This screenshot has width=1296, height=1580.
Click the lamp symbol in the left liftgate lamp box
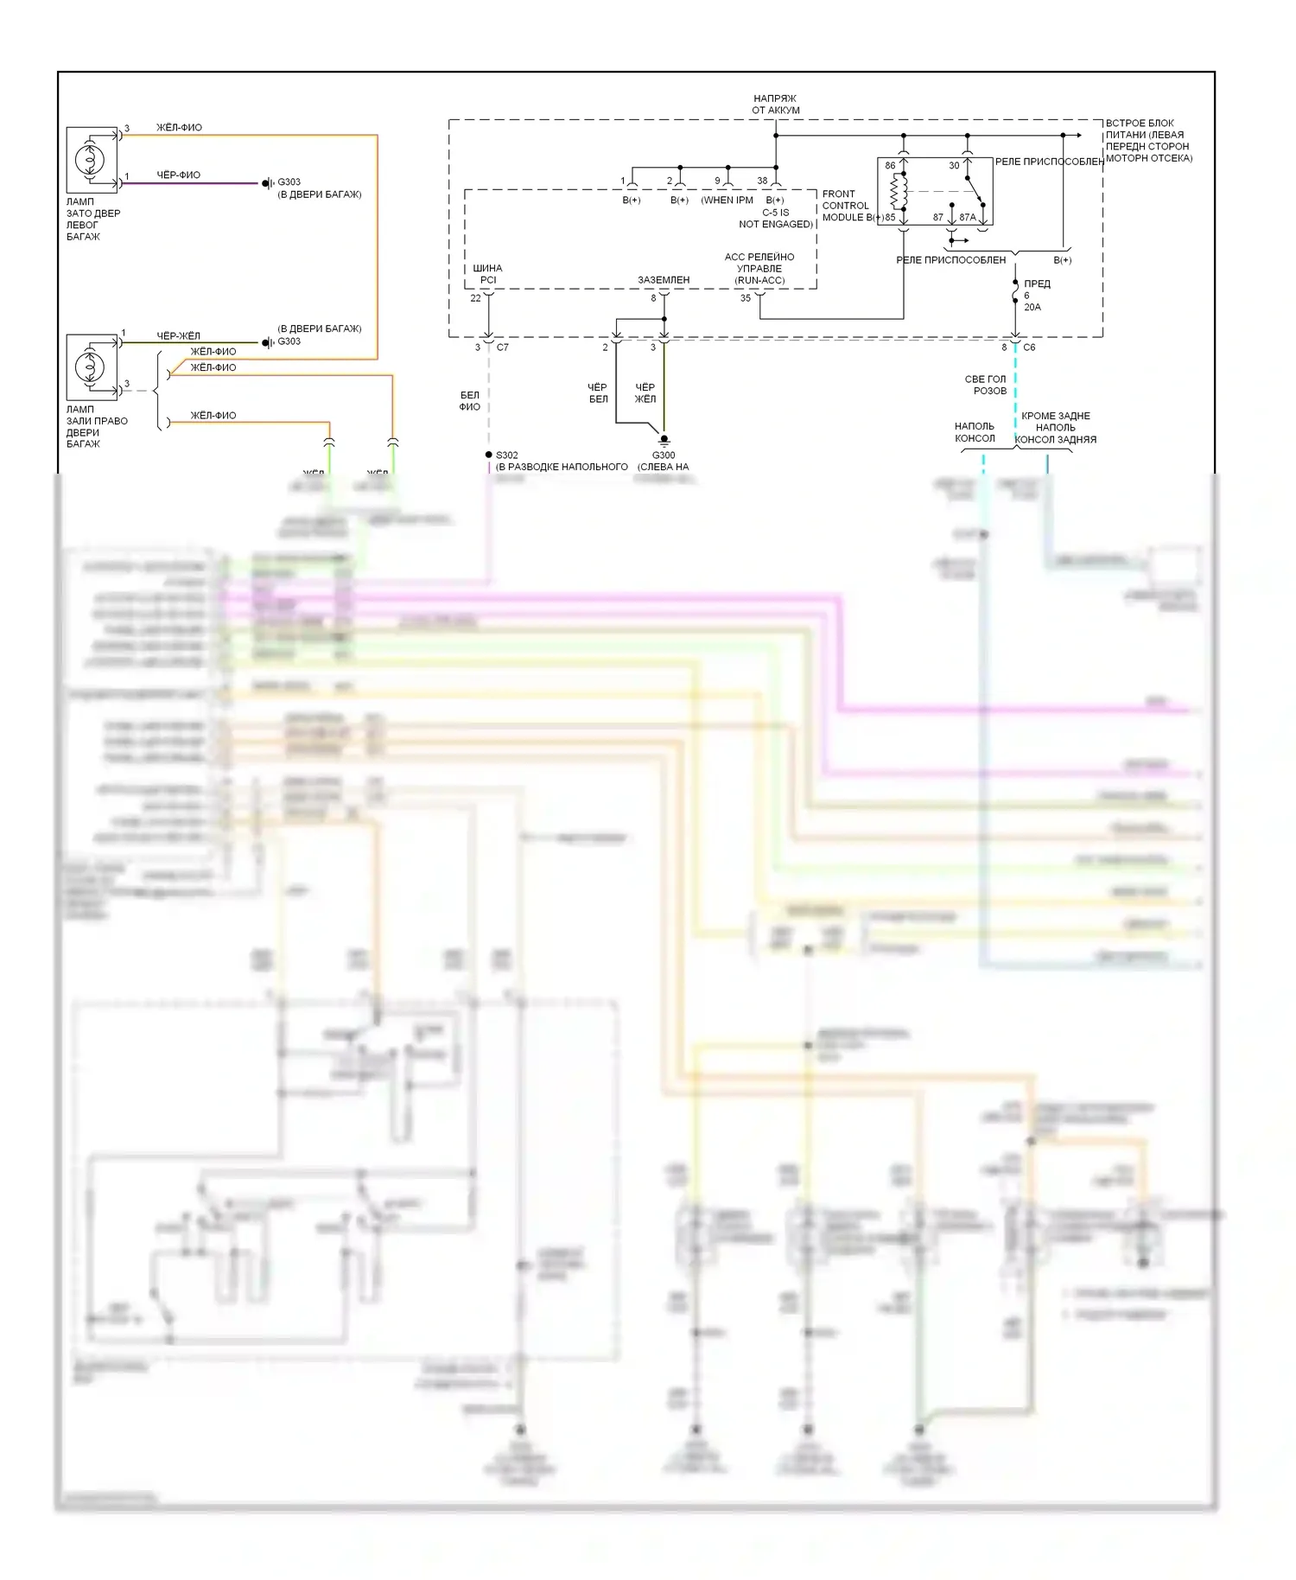point(90,160)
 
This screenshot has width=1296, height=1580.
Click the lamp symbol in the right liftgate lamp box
point(90,367)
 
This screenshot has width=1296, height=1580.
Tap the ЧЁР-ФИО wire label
point(178,175)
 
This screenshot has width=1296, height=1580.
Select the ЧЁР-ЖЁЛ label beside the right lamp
point(178,336)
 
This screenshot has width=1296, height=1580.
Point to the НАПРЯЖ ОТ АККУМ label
point(775,105)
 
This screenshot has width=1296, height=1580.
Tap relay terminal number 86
point(890,166)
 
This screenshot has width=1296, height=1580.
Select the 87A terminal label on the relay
point(968,218)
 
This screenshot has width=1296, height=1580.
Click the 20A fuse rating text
point(1032,307)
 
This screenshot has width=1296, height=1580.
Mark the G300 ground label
point(664,456)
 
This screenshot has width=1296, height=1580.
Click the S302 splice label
point(507,456)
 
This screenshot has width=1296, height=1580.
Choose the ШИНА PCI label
point(487,274)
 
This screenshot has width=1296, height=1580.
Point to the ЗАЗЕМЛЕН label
point(664,280)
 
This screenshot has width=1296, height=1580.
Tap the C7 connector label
point(503,347)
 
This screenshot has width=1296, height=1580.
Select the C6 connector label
point(1029,347)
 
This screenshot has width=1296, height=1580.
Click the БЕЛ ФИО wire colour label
point(469,401)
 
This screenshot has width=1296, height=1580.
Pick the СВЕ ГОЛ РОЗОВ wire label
point(986,385)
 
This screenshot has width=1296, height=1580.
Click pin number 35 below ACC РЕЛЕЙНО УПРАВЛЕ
point(746,298)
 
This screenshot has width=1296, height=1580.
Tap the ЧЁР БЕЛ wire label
point(598,393)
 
